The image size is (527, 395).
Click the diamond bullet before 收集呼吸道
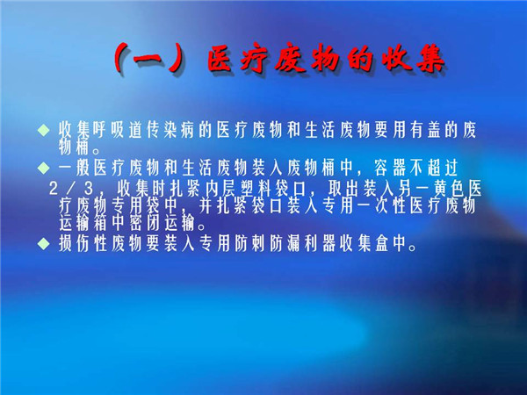click(x=44, y=130)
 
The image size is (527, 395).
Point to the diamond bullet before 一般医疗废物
click(x=44, y=168)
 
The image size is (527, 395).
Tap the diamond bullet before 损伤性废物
click(x=44, y=243)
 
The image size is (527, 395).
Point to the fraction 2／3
click(x=71, y=188)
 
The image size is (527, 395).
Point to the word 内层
click(x=220, y=188)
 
